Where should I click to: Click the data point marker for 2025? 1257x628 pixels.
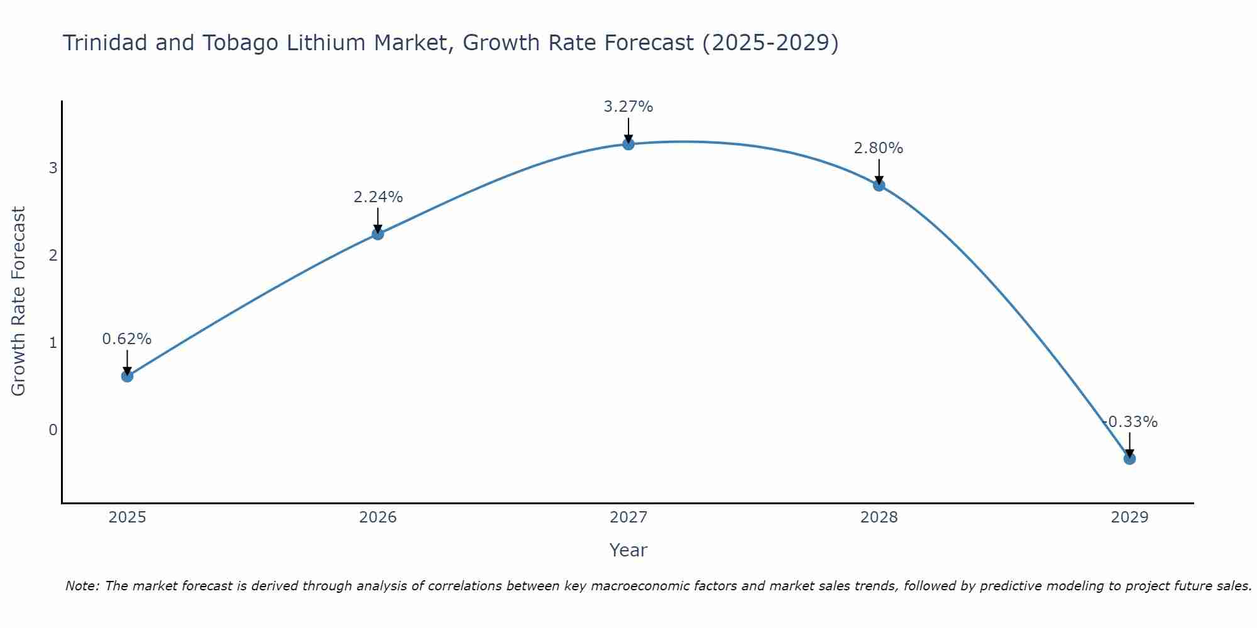tap(127, 376)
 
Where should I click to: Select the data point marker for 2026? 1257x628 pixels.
tap(378, 234)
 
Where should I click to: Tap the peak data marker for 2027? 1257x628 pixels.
tap(628, 144)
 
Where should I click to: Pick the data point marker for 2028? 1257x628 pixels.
tap(879, 185)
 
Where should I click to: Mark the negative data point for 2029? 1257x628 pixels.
tap(1129, 459)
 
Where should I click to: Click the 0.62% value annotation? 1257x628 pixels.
tap(127, 339)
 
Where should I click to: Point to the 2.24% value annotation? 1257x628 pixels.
tap(378, 197)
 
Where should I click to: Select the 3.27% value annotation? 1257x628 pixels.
tap(628, 107)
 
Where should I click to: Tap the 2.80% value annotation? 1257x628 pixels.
tap(879, 148)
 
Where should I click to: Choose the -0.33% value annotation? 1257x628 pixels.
tap(1131, 422)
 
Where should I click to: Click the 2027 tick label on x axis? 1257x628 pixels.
tap(628, 517)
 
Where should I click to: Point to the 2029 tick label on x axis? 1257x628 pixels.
tap(1129, 517)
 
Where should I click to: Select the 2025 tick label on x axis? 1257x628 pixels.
tap(127, 517)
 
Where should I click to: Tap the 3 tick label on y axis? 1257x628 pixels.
tap(53, 168)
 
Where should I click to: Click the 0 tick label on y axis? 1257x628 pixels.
tap(53, 430)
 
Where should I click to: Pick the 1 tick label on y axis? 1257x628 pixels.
tap(53, 343)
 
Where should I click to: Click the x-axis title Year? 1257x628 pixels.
tap(628, 550)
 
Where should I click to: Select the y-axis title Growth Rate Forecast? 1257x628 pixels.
tap(19, 301)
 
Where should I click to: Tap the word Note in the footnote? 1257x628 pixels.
tap(82, 586)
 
